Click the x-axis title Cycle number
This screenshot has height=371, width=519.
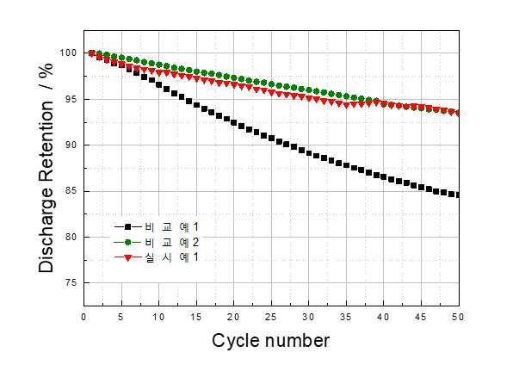click(271, 341)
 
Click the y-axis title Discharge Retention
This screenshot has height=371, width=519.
click(46, 186)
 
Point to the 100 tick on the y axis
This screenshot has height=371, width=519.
click(68, 53)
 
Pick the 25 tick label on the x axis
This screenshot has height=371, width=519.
click(271, 317)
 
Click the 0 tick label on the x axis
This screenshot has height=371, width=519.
click(83, 317)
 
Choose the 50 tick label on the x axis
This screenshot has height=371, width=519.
click(458, 317)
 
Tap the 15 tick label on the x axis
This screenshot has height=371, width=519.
click(196, 317)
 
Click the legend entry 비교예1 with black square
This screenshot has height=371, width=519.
click(157, 227)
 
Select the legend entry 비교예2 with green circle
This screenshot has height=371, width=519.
click(157, 242)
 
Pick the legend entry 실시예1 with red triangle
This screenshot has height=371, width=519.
click(157, 257)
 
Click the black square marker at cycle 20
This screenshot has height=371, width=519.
click(234, 122)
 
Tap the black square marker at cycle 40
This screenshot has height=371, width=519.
click(384, 177)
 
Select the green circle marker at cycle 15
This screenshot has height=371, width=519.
click(196, 71)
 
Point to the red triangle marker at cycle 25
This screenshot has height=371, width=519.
click(271, 93)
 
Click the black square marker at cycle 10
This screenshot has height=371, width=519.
click(159, 84)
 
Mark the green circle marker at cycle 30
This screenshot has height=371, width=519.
click(309, 90)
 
